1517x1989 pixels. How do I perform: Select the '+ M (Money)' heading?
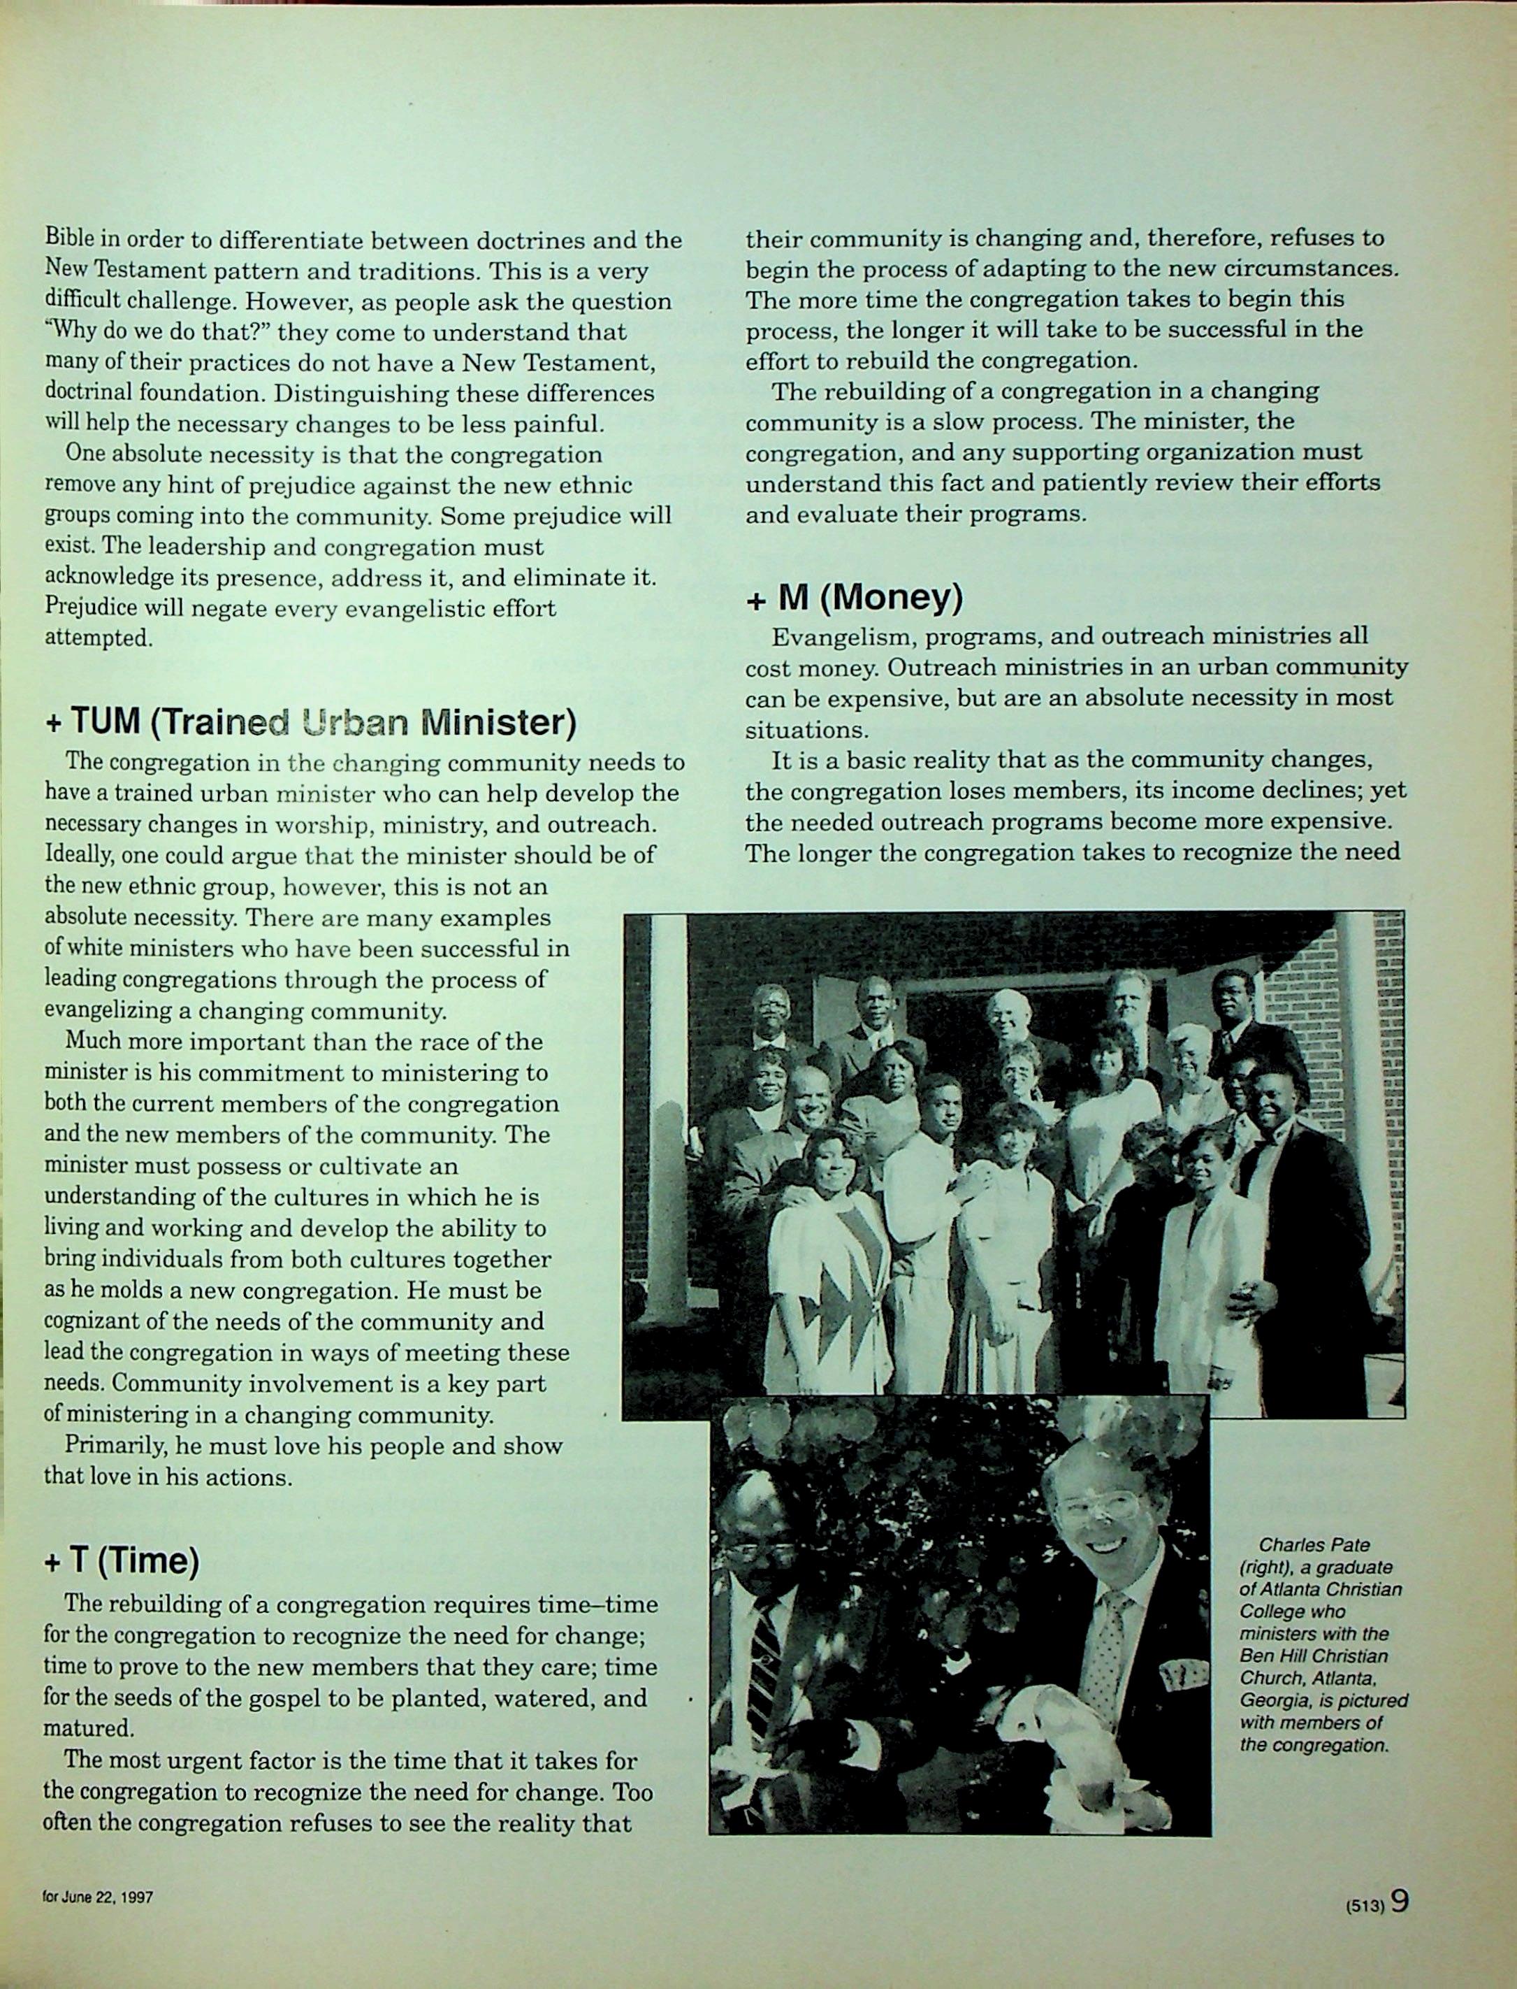(x=854, y=597)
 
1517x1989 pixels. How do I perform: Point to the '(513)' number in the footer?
(x=1363, y=1906)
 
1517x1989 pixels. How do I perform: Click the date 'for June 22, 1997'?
(x=98, y=1898)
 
